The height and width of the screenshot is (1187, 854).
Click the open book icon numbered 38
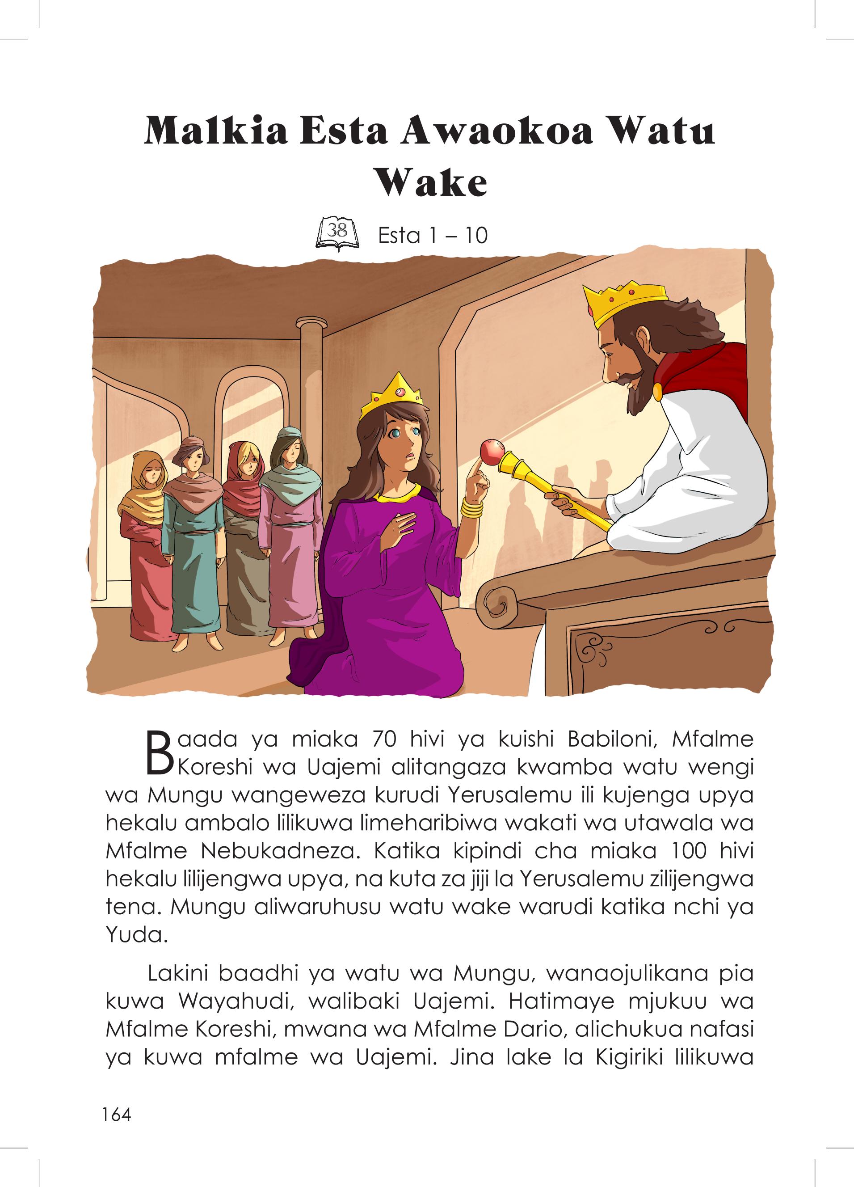point(337,235)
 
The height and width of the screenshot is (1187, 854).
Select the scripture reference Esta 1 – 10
point(433,236)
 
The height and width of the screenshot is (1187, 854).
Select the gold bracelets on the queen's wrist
point(472,508)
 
